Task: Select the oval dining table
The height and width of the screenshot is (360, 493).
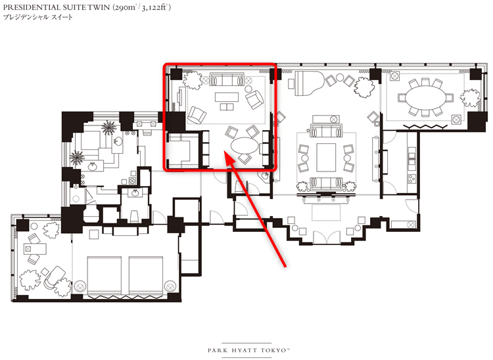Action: [425, 98]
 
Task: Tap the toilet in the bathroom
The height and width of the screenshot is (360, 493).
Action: [135, 216]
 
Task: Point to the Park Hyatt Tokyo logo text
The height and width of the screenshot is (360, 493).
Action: [248, 350]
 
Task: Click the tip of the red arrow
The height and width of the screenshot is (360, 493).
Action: [224, 151]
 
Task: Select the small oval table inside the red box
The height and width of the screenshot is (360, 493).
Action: [245, 146]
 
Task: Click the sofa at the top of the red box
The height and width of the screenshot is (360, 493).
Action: [227, 79]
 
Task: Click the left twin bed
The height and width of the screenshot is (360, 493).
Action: [104, 275]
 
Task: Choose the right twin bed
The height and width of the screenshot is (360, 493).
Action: [146, 275]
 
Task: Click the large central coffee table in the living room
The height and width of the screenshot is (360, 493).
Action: [326, 157]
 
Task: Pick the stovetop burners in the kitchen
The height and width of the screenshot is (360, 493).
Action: [411, 179]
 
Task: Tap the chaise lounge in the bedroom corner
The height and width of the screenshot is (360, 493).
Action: [55, 277]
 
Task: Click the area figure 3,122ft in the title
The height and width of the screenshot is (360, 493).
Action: [154, 7]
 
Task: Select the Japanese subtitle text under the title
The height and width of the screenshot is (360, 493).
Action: [37, 17]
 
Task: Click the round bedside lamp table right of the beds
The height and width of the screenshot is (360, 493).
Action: [170, 286]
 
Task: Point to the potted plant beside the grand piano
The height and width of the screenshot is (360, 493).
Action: [364, 86]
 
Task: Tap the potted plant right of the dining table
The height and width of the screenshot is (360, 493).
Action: [471, 99]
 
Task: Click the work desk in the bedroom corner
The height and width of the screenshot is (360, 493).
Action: [35, 249]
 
